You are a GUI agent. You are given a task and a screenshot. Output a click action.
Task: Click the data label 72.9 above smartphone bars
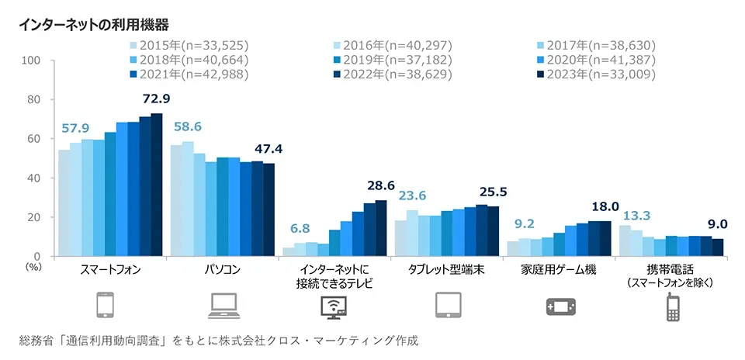pyautogui.click(x=156, y=99)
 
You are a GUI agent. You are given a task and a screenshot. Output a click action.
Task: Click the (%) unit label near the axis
pyautogui.click(x=33, y=266)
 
